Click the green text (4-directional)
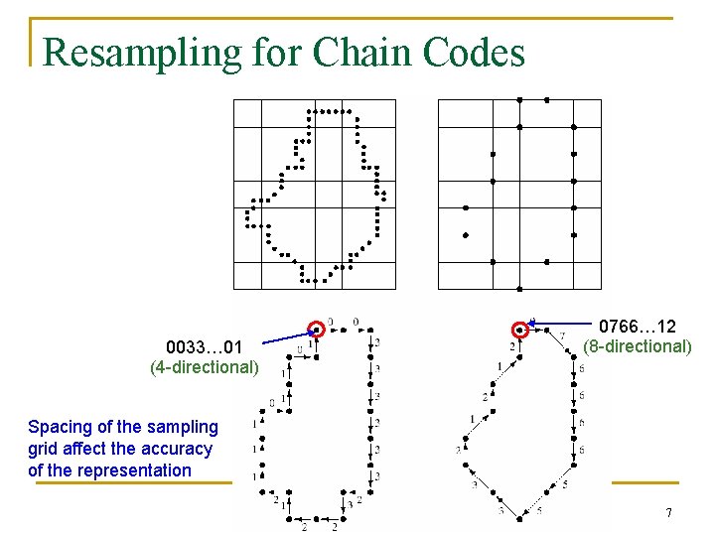[x=204, y=367]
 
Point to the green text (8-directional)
[x=637, y=346]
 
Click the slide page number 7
[x=669, y=513]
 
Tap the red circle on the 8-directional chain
[x=519, y=330]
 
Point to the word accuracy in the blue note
[x=176, y=449]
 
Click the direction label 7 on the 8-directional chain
[x=562, y=335]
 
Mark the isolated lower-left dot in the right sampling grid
[x=465, y=235]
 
